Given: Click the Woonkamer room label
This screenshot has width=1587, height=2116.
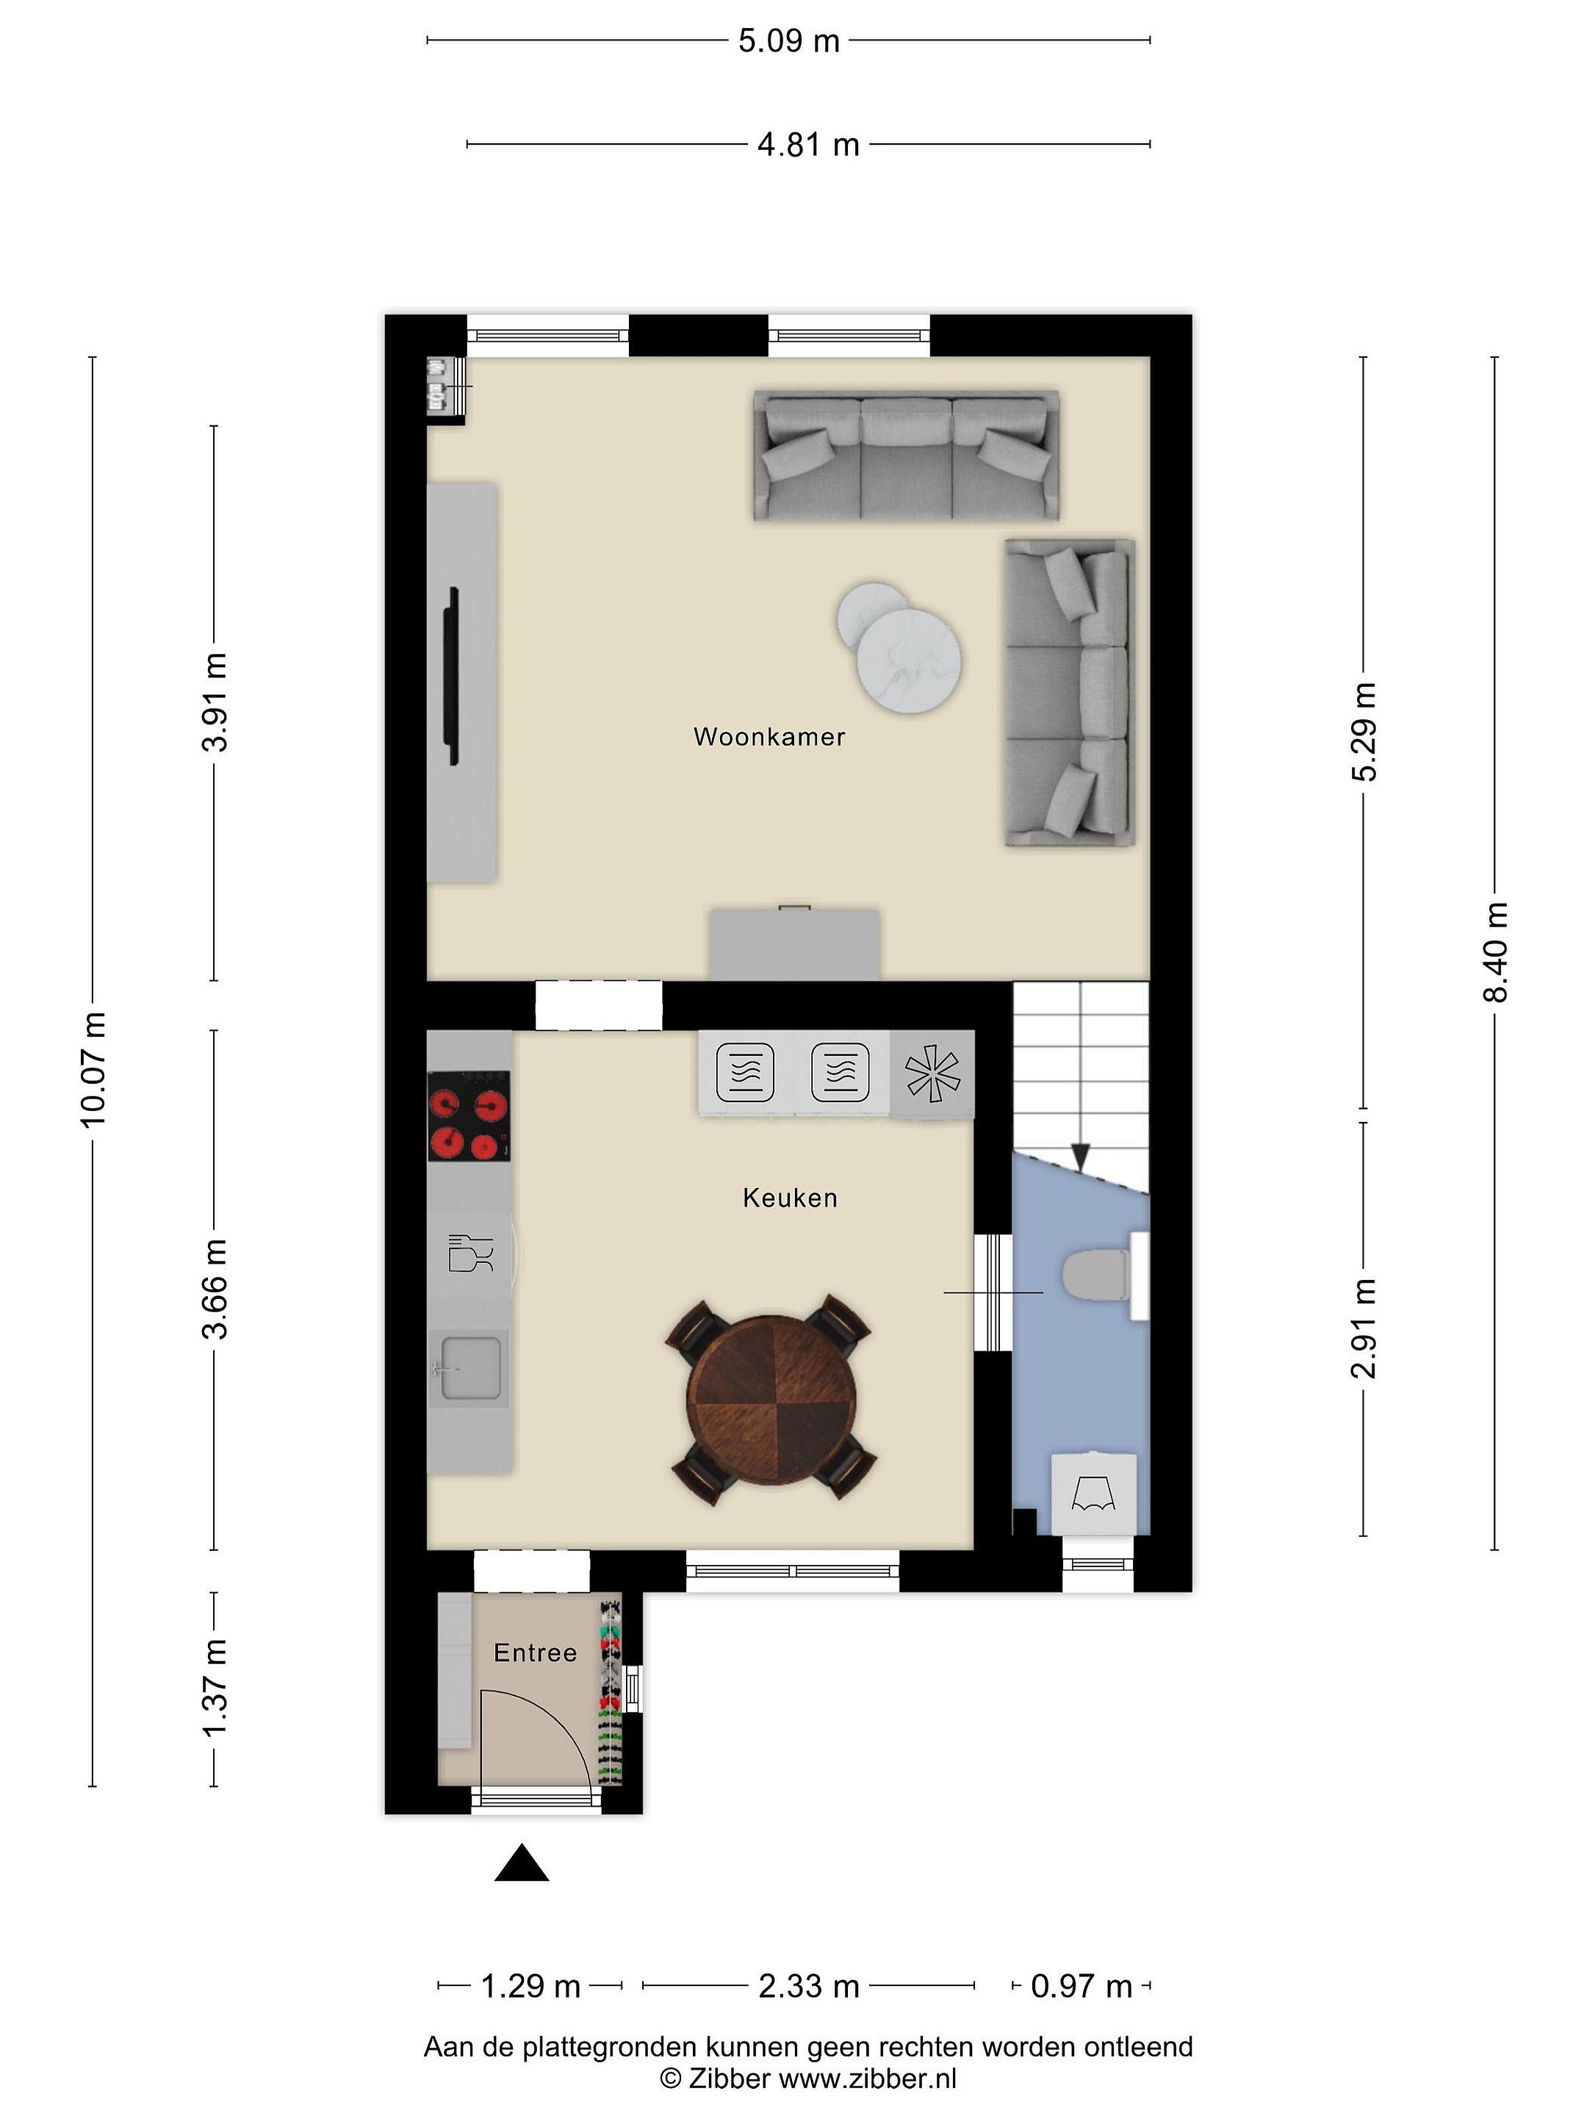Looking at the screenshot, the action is (x=769, y=737).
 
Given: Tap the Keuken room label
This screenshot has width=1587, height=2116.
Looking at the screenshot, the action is (x=790, y=1198).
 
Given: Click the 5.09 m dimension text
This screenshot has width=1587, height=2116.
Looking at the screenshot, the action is (x=789, y=41).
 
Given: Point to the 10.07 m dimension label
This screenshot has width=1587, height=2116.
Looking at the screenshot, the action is (x=94, y=1070).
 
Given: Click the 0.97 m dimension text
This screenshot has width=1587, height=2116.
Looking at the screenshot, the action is (x=1081, y=1986).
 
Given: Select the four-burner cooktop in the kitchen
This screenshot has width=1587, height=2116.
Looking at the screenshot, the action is (x=468, y=1115).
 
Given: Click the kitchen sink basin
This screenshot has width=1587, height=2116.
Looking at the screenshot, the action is (x=469, y=1368).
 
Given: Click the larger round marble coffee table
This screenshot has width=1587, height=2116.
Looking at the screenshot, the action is (x=909, y=660).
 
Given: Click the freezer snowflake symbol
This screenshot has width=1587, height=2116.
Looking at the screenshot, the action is (x=932, y=1073).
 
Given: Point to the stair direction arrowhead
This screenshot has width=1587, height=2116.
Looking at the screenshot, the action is (x=1081, y=1156).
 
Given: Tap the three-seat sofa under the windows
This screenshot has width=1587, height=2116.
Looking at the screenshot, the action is (x=906, y=456).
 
